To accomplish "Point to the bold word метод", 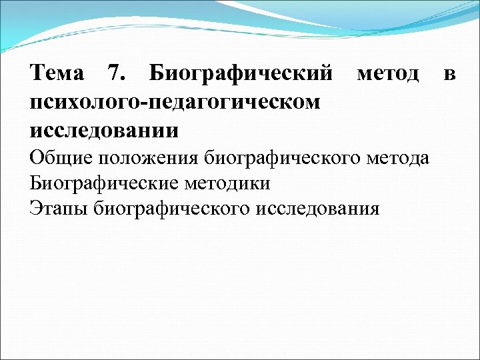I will tap(388, 74).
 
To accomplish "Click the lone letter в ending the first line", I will tap(450, 74).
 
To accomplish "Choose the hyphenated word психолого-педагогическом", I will tap(175, 102).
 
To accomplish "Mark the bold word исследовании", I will tap(105, 129).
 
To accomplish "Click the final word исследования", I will tap(317, 209).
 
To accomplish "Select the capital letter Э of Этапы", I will tap(35, 209).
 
